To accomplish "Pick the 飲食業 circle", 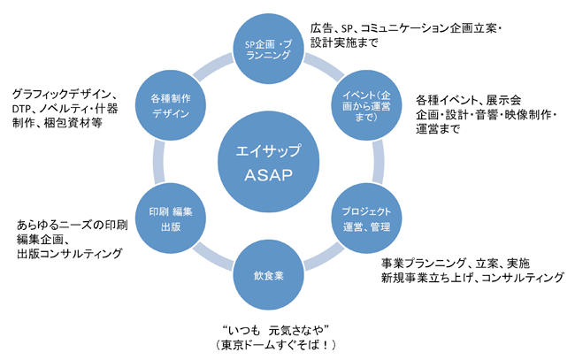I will [x=267, y=275].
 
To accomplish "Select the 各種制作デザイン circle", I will [x=171, y=105].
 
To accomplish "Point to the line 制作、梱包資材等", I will [x=57, y=124].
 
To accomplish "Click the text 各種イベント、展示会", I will [x=468, y=99].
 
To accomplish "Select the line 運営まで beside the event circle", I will [x=438, y=129].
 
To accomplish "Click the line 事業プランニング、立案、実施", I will [x=456, y=263].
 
